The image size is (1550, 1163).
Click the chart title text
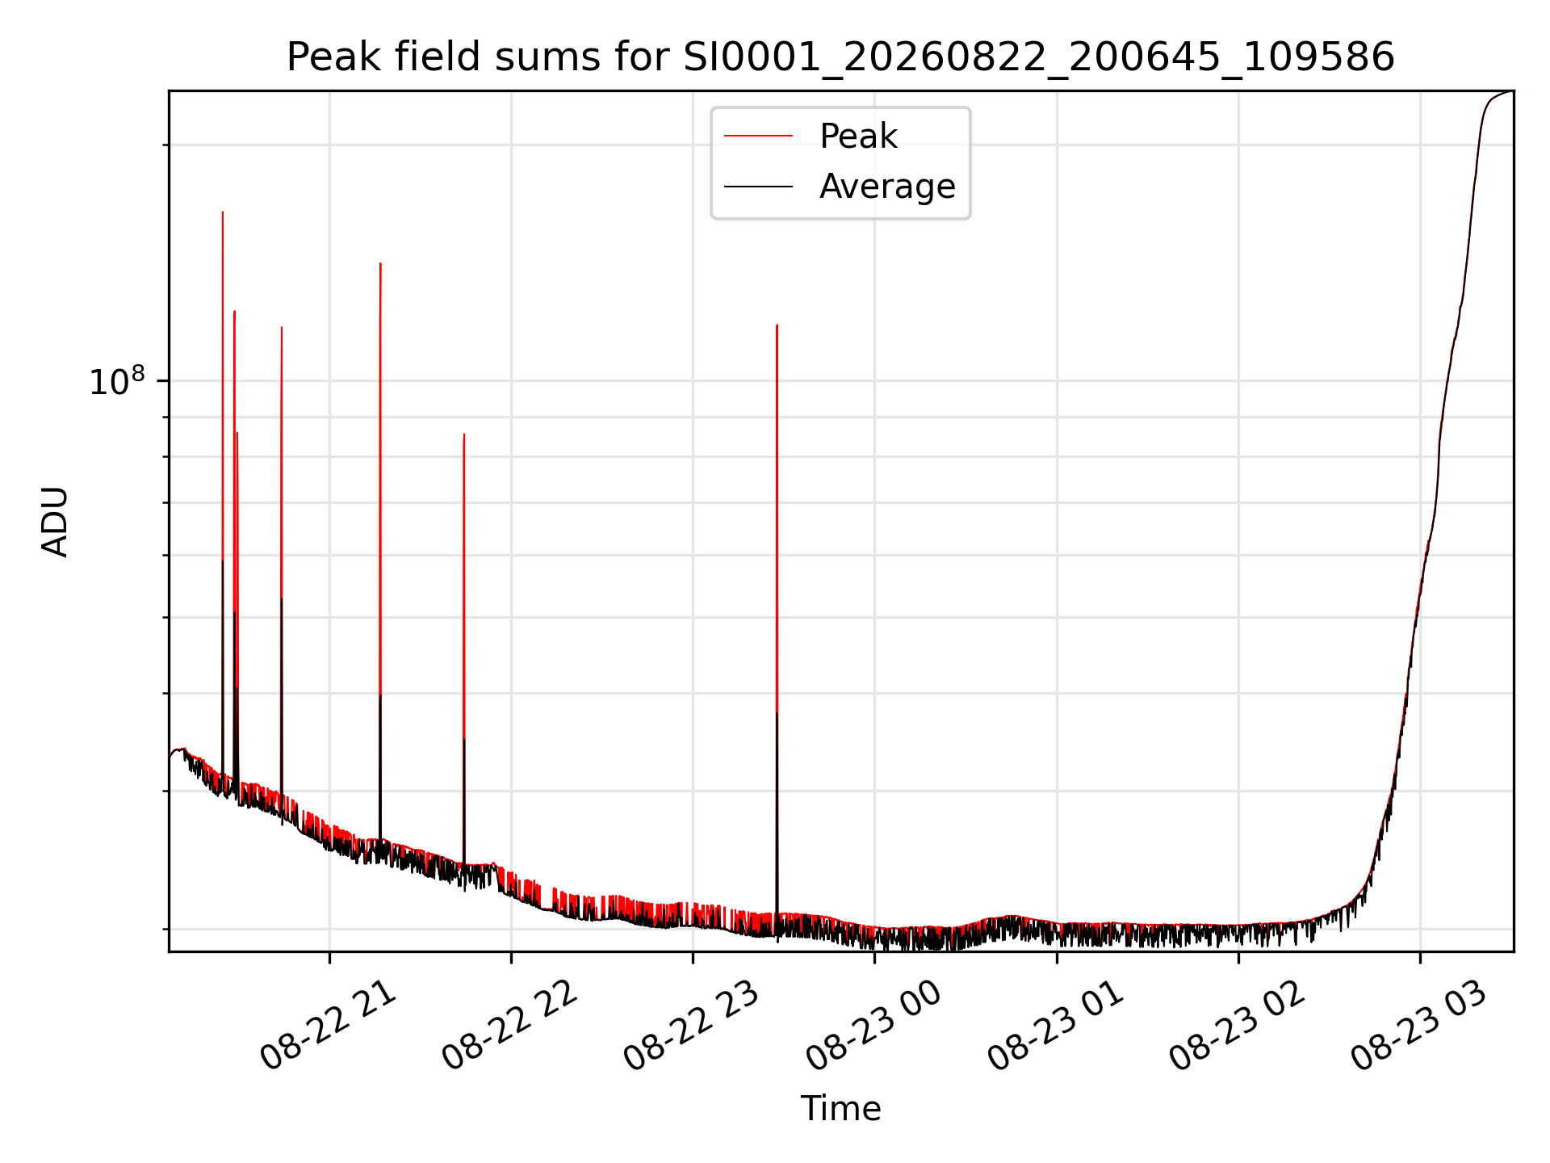point(840,57)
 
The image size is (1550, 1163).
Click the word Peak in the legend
point(858,136)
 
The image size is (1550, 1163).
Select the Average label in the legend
point(887,187)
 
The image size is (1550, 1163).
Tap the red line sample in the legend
point(758,136)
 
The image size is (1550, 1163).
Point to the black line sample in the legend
point(758,187)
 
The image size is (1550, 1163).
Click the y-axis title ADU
point(55,522)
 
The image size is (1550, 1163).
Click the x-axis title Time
point(840,1109)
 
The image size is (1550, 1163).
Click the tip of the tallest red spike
point(223,212)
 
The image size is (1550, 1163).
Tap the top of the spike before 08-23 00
point(777,325)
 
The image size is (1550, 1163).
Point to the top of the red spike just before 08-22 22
point(463,435)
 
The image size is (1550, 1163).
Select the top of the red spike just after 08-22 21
point(380,263)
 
